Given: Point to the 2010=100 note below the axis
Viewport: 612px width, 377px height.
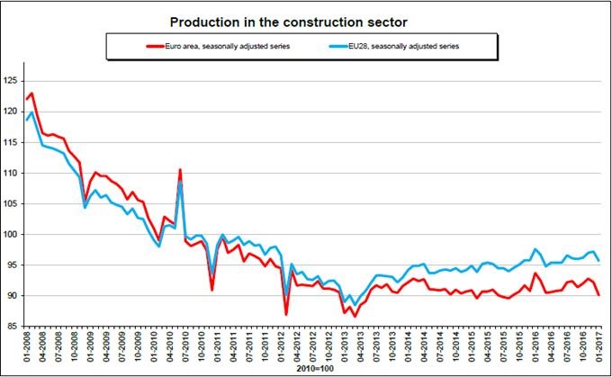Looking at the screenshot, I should [309, 369].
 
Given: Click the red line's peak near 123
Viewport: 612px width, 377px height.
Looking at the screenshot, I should [31, 94].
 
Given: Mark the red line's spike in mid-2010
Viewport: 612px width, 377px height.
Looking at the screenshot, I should [180, 169].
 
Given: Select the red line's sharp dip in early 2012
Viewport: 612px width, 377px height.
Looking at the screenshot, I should [286, 314].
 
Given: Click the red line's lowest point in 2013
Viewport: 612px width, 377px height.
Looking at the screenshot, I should [355, 316].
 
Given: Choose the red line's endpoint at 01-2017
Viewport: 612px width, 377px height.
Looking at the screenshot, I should [599, 294].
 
